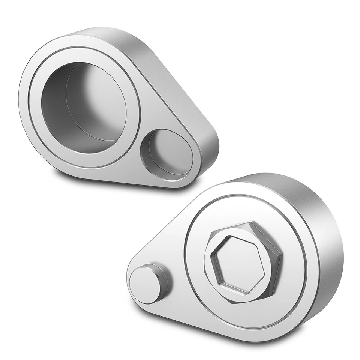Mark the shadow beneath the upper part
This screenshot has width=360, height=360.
[x=75, y=176]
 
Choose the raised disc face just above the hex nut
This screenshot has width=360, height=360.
[x=240, y=210]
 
